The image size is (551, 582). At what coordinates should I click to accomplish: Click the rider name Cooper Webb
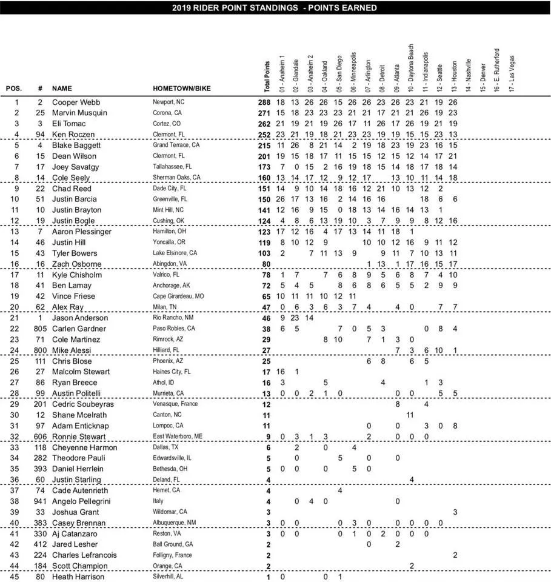point(76,102)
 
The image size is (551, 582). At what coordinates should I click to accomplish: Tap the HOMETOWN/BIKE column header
point(180,89)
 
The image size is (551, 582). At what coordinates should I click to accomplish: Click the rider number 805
point(40,329)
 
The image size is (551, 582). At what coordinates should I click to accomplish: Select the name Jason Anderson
point(80,318)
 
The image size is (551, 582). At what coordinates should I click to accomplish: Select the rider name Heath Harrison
point(79,577)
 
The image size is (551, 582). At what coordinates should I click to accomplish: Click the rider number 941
point(40,501)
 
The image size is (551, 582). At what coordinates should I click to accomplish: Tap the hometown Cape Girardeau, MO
point(181,296)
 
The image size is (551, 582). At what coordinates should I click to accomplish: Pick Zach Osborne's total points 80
point(265,264)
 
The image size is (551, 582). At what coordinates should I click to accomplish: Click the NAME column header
point(62,89)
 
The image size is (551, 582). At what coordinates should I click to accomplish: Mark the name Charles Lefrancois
point(84,555)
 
